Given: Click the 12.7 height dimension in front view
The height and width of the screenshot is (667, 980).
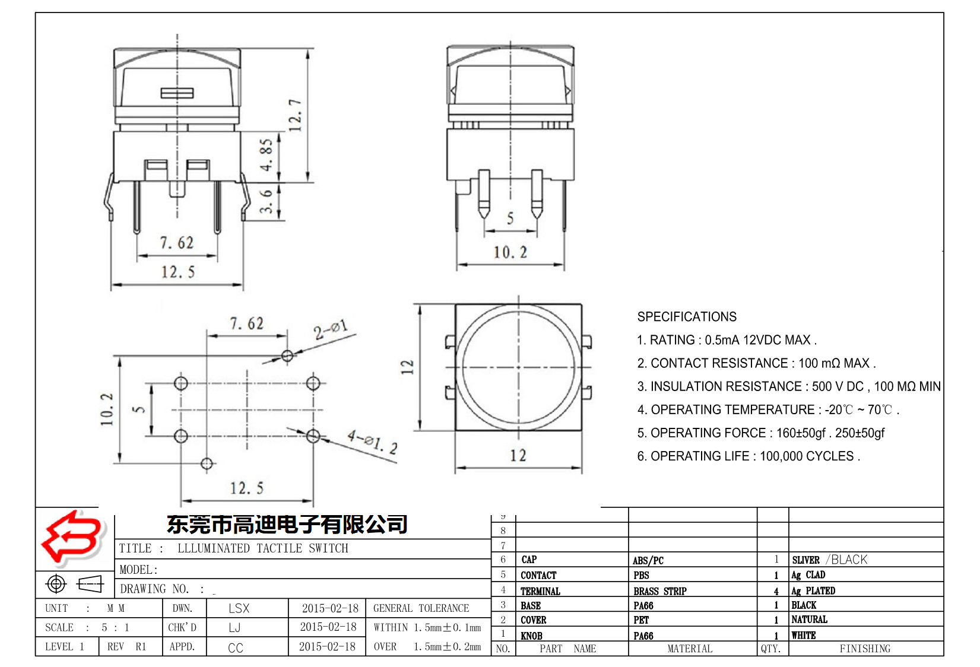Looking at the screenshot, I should click(295, 115).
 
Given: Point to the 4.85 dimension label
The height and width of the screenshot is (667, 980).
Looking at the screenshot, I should click(267, 155).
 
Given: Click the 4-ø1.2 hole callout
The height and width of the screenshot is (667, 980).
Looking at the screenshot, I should click(372, 442).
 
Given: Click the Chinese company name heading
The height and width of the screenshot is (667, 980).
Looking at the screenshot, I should click(287, 524).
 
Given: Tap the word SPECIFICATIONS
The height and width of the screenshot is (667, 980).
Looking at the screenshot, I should click(687, 317).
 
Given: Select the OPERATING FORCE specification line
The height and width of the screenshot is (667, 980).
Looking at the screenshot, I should click(760, 433).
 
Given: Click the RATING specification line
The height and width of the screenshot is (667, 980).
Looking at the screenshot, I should click(727, 340).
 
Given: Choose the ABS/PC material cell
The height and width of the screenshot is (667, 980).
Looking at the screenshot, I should click(648, 560).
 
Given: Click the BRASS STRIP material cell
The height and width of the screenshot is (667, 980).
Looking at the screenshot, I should click(659, 591).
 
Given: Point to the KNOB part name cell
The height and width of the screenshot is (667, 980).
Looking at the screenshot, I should click(531, 636).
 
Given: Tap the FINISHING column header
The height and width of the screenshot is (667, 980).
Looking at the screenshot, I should click(864, 649).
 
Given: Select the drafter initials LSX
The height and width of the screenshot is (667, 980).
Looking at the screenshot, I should click(239, 608).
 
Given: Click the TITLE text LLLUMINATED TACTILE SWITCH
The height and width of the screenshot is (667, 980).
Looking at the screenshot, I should click(263, 548).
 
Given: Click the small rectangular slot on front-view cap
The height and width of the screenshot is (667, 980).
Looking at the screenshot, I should click(177, 93).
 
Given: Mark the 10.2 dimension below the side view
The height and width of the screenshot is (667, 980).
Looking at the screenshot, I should click(510, 253).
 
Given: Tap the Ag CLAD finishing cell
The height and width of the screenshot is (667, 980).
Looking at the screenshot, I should click(808, 575).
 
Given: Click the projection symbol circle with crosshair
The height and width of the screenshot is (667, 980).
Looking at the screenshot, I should click(56, 584).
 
